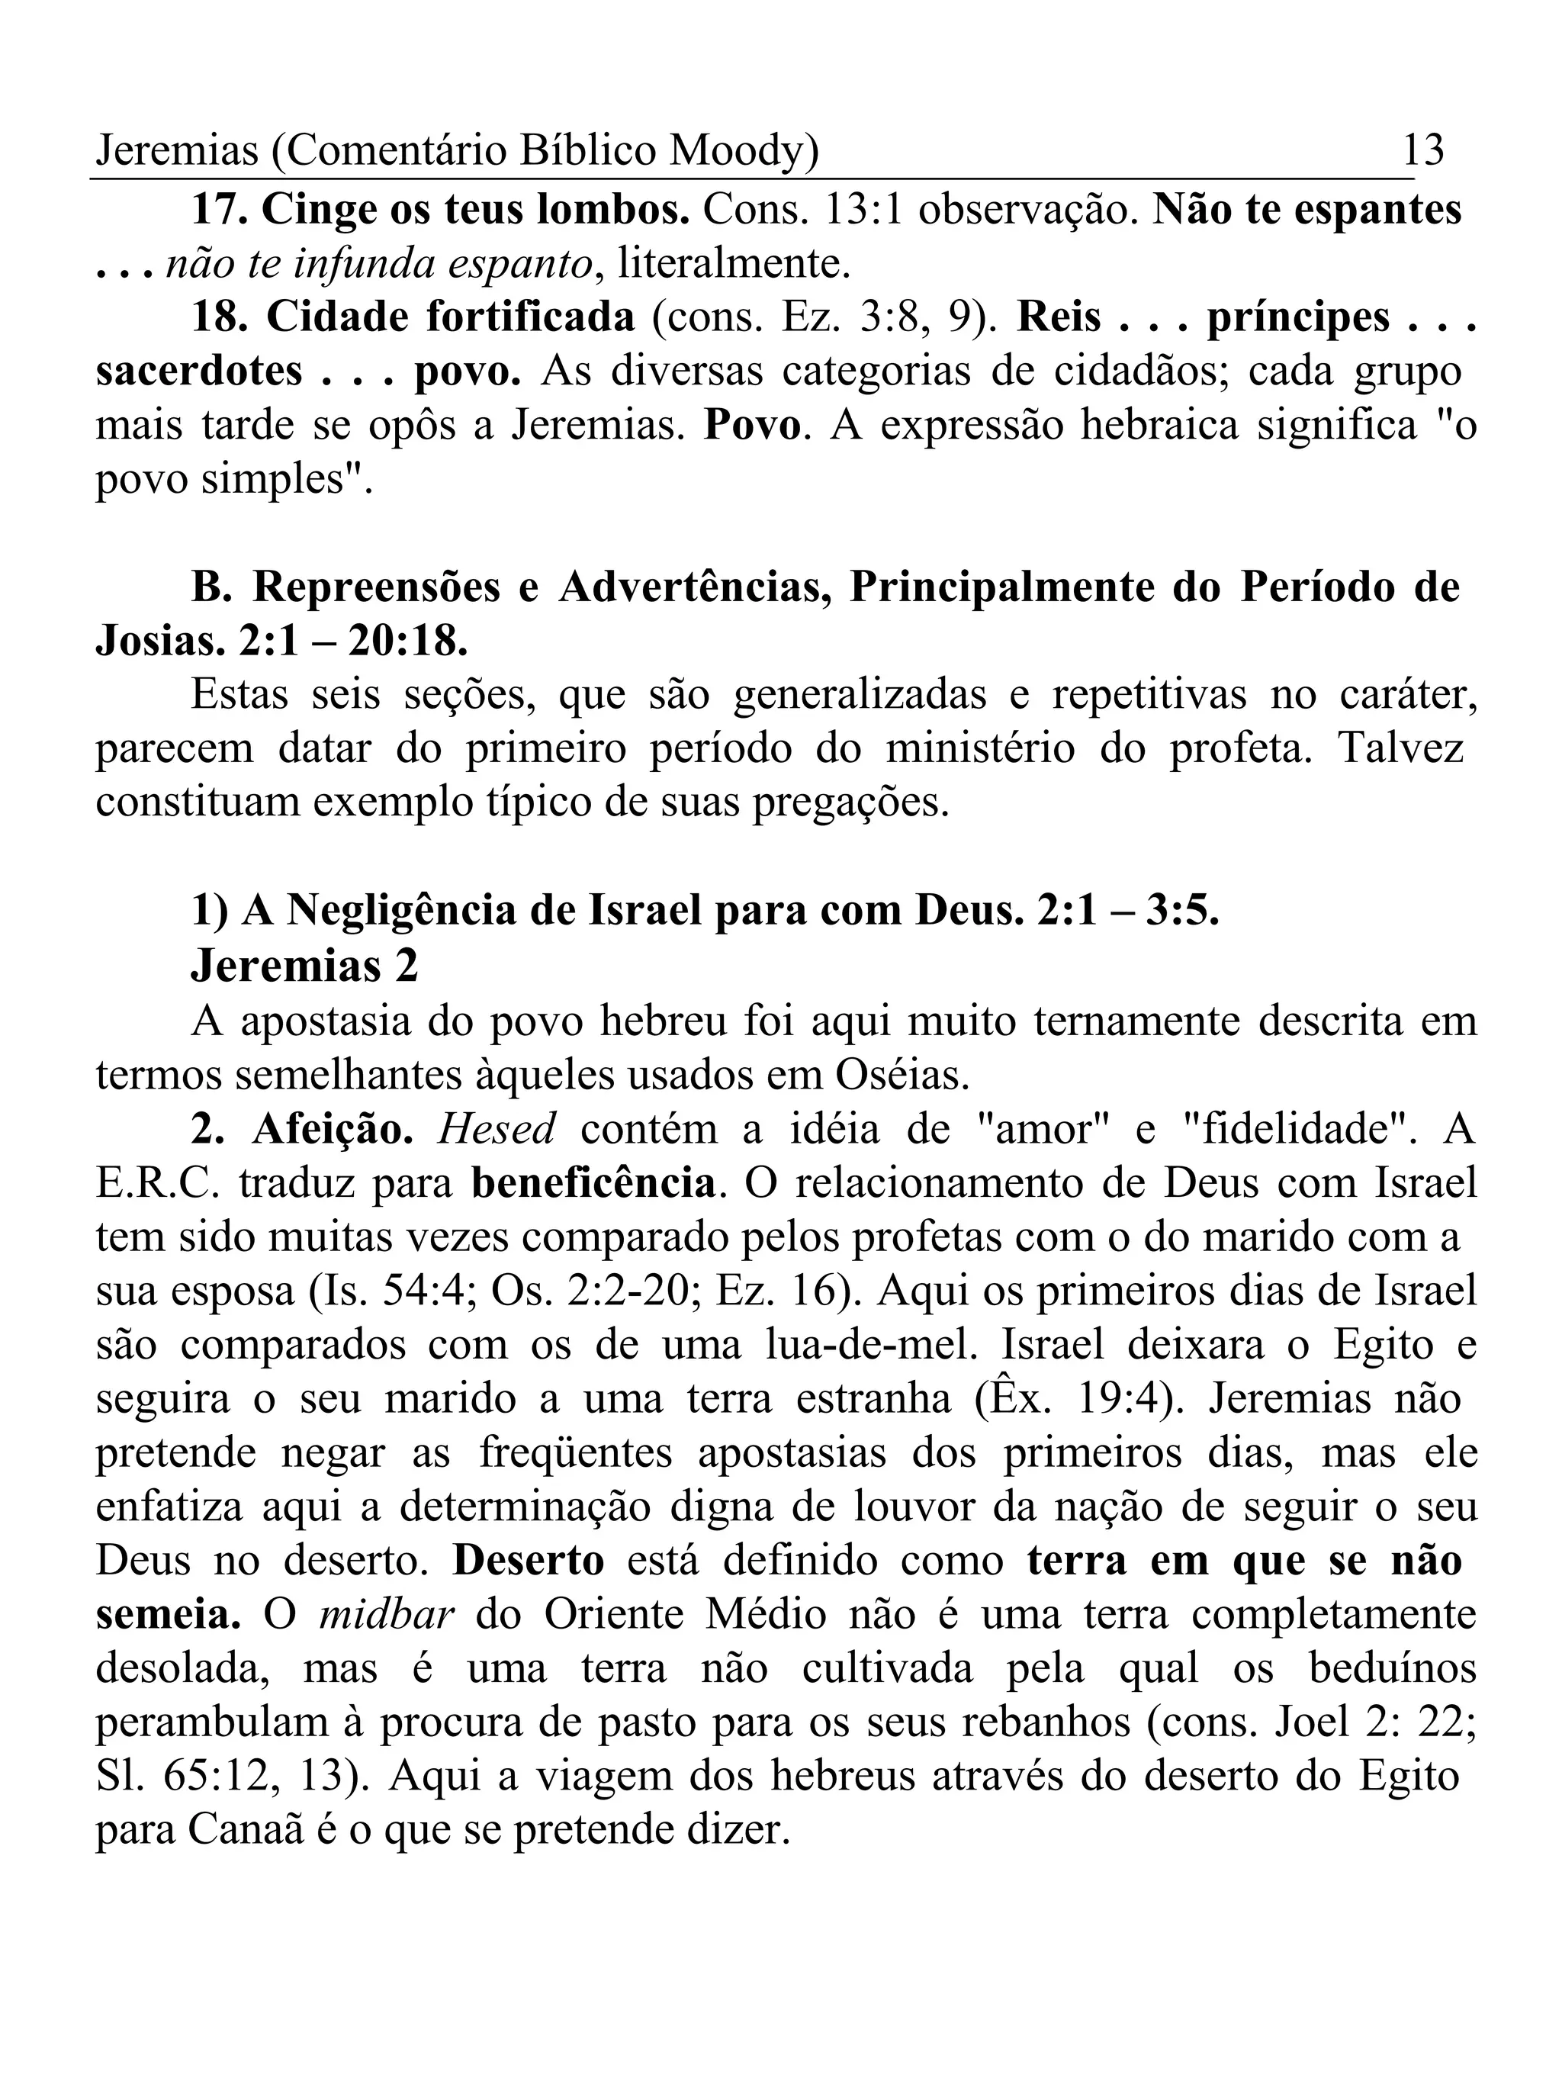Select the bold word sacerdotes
click(x=199, y=371)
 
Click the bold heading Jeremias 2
click(x=304, y=966)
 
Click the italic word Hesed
click(x=497, y=1129)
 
